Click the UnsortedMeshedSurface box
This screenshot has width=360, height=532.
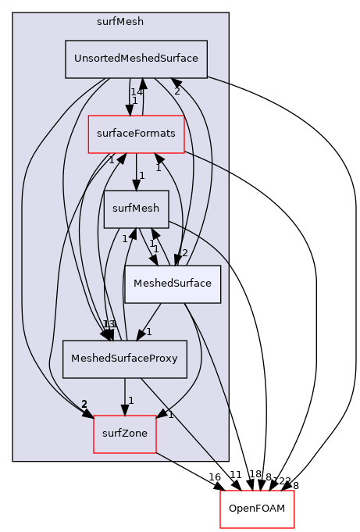tap(136, 59)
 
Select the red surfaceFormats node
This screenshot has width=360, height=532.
tap(136, 134)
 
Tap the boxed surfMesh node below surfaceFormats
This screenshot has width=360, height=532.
tap(136, 209)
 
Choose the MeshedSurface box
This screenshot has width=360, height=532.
tap(173, 284)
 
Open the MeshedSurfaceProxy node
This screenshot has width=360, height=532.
tap(124, 359)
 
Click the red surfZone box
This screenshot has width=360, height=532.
tap(125, 434)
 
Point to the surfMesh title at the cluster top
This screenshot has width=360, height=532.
tap(120, 22)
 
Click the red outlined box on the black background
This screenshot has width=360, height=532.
tap(257, 509)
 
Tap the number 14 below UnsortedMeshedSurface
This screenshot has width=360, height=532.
tap(137, 91)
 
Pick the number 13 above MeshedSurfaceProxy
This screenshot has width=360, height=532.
tap(109, 324)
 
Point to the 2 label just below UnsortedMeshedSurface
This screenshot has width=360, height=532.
tap(176, 91)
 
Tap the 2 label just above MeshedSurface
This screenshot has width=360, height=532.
tap(184, 252)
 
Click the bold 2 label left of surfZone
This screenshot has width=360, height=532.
tap(84, 404)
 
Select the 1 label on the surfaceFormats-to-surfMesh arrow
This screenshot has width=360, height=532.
tap(141, 177)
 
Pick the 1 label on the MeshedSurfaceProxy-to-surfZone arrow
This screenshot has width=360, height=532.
tap(131, 401)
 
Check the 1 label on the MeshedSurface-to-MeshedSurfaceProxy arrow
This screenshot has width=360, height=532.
tap(148, 331)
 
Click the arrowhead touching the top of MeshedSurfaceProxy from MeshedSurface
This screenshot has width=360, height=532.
tap(139, 334)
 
